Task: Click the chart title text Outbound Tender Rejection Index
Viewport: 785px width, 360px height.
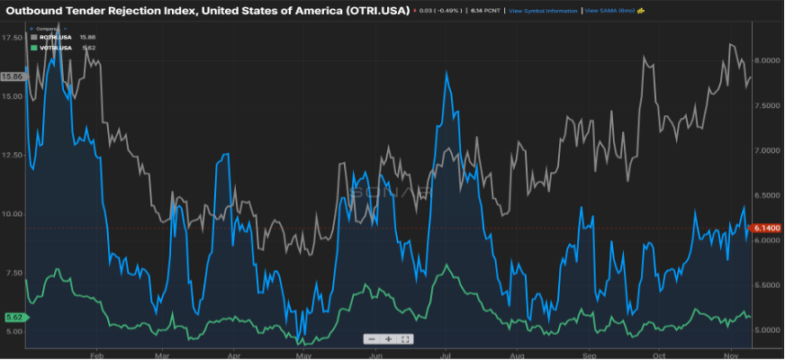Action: click(207, 10)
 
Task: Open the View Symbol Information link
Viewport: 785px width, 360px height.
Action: click(543, 11)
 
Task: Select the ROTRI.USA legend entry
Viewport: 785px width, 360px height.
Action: click(53, 37)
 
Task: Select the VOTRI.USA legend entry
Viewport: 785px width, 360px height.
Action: click(53, 47)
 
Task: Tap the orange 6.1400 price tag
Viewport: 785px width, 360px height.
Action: click(765, 228)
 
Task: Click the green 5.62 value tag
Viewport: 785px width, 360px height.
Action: click(14, 317)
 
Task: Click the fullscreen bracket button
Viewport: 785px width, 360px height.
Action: click(405, 339)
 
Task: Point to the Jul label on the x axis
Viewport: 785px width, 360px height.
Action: click(445, 355)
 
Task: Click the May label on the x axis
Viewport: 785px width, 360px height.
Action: click(303, 355)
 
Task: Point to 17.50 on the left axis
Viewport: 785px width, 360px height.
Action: click(14, 38)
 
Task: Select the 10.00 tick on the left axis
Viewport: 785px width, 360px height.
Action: click(14, 214)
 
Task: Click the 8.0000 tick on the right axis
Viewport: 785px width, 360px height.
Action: click(766, 60)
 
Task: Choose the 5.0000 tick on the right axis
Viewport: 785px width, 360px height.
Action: click(766, 330)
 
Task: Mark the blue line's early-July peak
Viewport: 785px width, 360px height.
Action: click(447, 71)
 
